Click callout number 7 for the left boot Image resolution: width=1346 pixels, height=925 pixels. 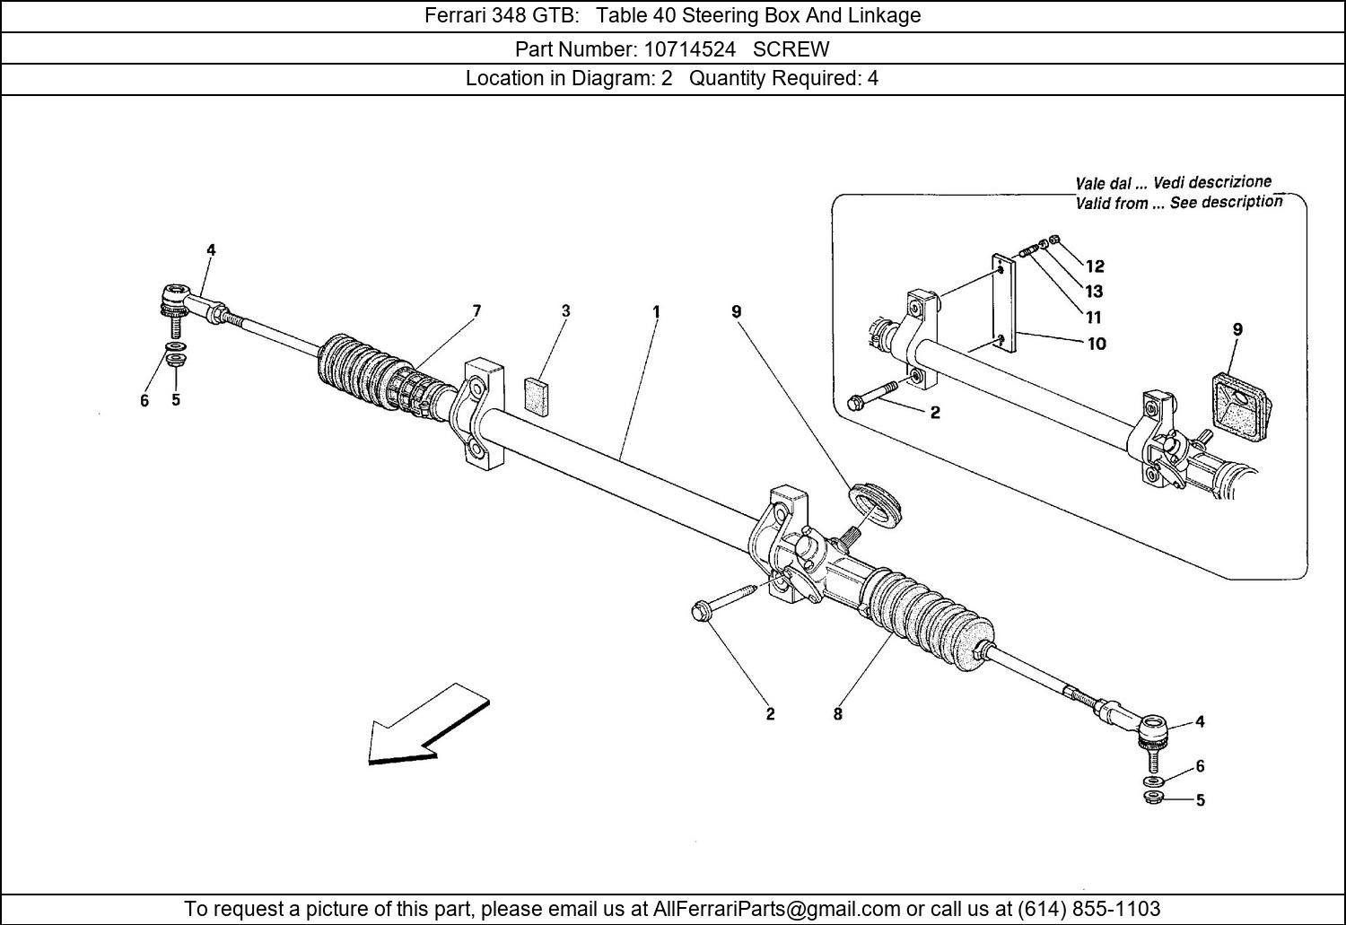point(476,311)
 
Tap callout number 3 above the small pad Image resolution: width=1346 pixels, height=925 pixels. point(565,311)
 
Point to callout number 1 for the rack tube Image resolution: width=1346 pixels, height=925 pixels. point(656,312)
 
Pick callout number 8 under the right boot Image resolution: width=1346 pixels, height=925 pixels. point(837,714)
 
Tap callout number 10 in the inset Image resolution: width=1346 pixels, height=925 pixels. point(1097,343)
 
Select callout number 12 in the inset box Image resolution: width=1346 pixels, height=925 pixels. point(1095,266)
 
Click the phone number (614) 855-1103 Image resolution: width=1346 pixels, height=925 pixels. point(1088,909)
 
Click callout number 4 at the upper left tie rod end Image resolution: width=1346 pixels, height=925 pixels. point(211,250)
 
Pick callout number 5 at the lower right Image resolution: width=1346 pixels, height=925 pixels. point(1200,800)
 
